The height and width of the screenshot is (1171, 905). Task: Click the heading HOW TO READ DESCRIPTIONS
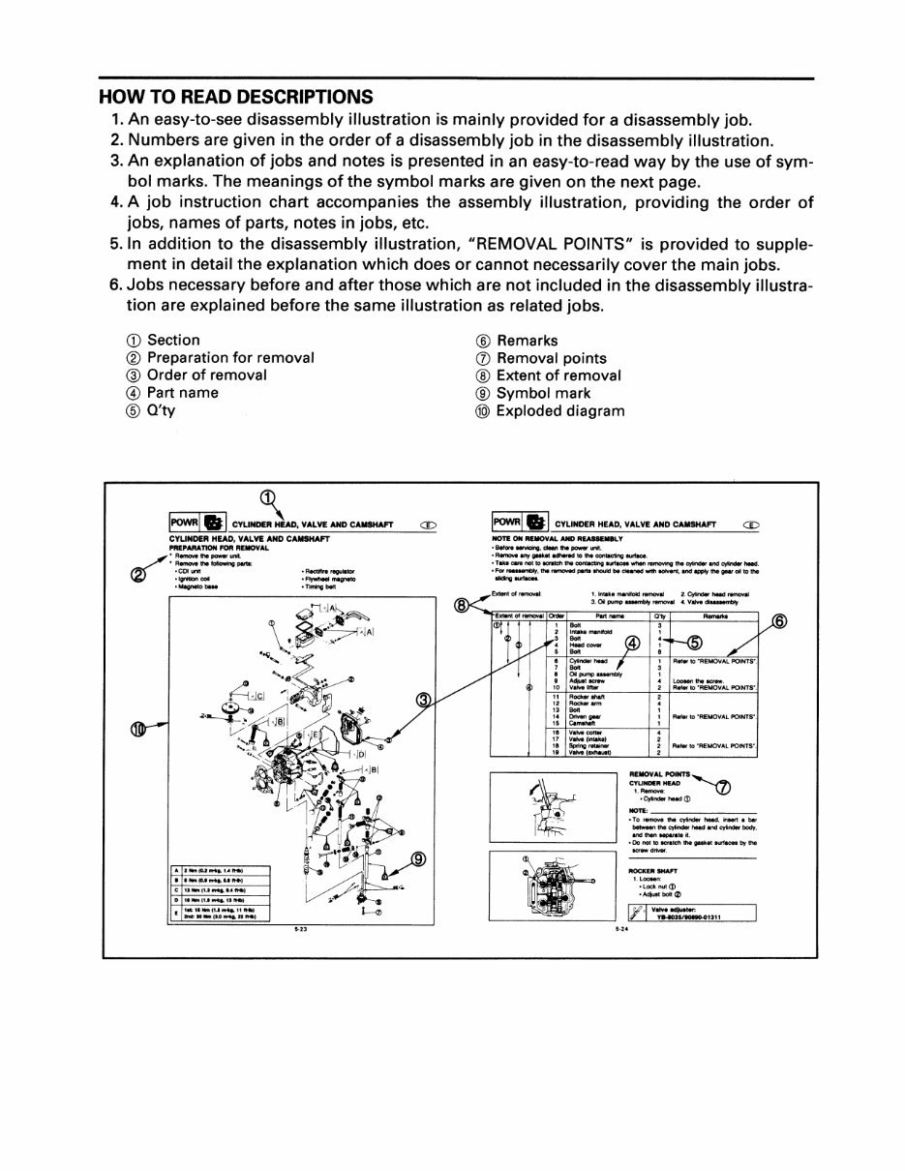pyautogui.click(x=236, y=97)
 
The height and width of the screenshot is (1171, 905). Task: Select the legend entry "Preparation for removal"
pyautogui.click(x=230, y=358)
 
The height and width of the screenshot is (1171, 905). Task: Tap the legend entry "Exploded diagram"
pyautogui.click(x=559, y=411)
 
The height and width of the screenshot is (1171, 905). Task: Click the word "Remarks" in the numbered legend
pyautogui.click(x=527, y=341)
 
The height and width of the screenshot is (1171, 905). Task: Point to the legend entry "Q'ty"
pyautogui.click(x=161, y=411)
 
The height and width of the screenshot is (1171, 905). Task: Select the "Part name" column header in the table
pyautogui.click(x=608, y=616)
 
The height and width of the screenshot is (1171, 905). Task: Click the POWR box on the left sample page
pyautogui.click(x=184, y=524)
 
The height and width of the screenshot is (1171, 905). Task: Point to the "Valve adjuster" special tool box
pyautogui.click(x=691, y=912)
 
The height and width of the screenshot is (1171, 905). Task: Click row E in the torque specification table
pyautogui.click(x=220, y=912)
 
